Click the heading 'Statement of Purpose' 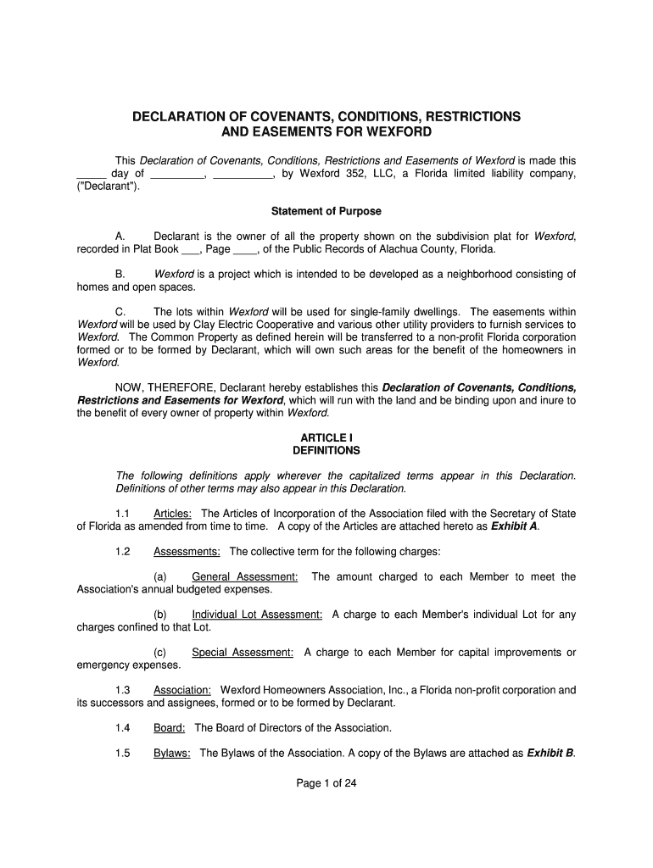[x=326, y=211]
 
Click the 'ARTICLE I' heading [x=326, y=437]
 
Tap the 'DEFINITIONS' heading [x=326, y=450]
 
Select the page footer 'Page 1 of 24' [x=326, y=783]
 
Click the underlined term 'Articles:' [x=172, y=514]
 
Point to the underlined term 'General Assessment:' [x=245, y=577]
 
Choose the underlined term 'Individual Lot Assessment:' [x=257, y=615]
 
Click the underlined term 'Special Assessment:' [x=243, y=653]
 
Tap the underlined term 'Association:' [x=181, y=690]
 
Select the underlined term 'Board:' [x=169, y=727]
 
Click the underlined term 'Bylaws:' [x=171, y=753]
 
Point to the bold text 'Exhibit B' [x=550, y=753]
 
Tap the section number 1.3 [x=122, y=690]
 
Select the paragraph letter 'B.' [x=120, y=274]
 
